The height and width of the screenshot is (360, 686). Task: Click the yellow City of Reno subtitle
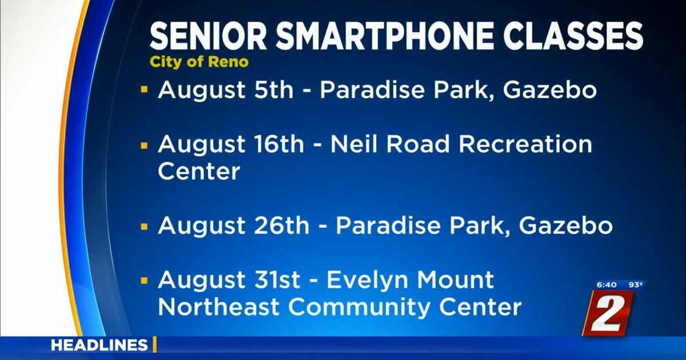click(x=199, y=62)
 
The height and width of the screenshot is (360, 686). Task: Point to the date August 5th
click(x=225, y=91)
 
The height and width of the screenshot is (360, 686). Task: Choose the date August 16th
click(x=231, y=145)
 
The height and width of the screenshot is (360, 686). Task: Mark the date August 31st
click(x=229, y=281)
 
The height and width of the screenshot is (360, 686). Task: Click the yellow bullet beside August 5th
click(x=144, y=90)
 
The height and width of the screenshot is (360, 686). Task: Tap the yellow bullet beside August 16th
click(x=144, y=145)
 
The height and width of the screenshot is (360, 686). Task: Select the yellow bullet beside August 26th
click(x=144, y=226)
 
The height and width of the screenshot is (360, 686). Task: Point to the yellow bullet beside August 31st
click(x=144, y=281)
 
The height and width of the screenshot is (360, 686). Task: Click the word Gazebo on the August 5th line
click(x=549, y=91)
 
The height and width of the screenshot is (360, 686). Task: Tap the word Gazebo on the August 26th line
click(x=565, y=226)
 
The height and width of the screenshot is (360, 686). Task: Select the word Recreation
click(x=525, y=145)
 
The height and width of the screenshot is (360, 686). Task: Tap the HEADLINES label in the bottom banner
click(x=99, y=345)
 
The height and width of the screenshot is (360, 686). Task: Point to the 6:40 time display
click(x=606, y=284)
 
